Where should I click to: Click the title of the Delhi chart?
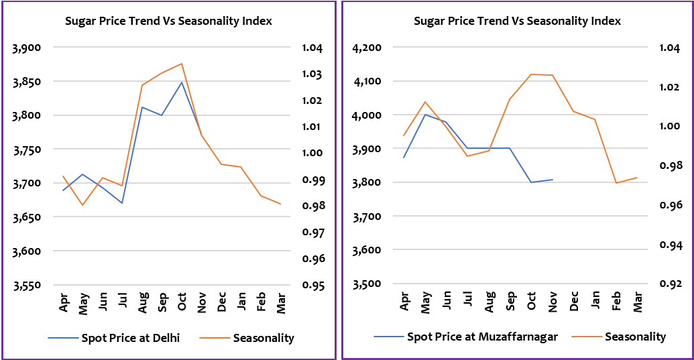(168, 21)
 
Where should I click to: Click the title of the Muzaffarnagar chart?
(517, 21)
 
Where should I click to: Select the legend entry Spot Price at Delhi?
(130, 338)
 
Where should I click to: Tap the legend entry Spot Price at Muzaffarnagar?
(482, 337)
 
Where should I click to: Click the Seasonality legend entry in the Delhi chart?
(264, 338)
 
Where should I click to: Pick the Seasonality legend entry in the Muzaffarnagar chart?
(636, 337)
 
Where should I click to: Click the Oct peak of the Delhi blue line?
(182, 82)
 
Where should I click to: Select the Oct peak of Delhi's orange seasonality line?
(182, 64)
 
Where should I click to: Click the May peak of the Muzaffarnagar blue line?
(424, 114)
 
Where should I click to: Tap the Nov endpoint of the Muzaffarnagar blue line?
(552, 180)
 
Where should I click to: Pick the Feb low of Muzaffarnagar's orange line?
(616, 183)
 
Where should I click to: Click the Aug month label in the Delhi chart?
(143, 304)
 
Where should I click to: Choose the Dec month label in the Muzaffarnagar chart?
(573, 302)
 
